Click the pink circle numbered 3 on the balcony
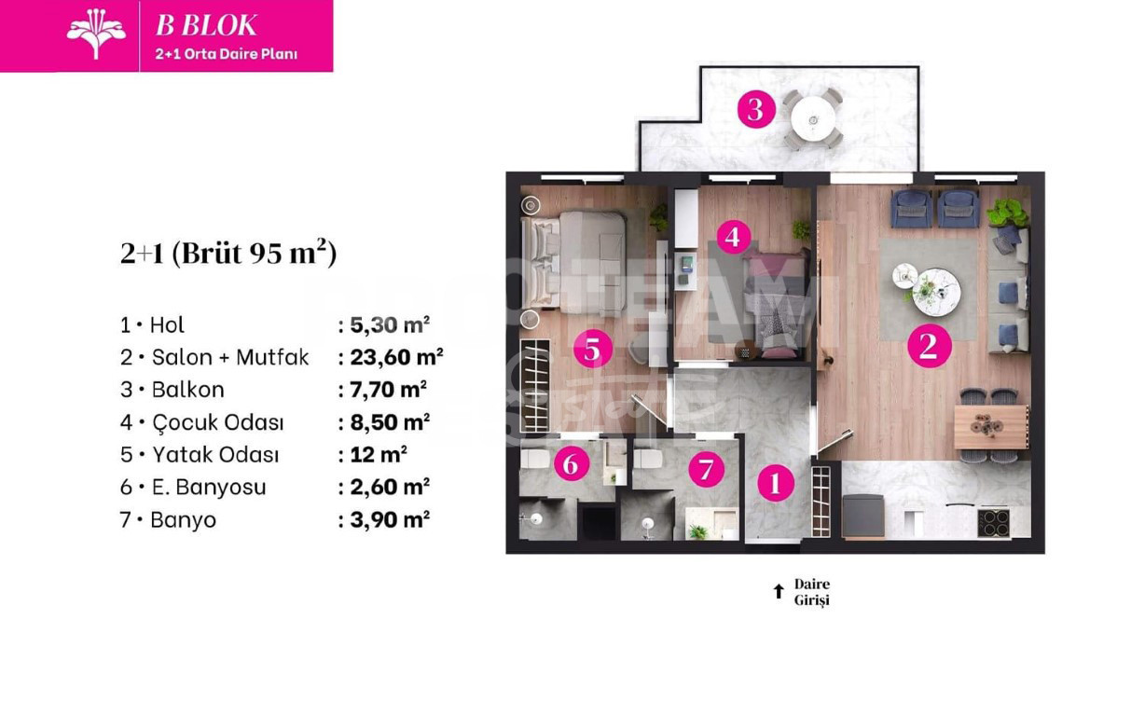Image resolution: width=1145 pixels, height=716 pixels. pos(755,110)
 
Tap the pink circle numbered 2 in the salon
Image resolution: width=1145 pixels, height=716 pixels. pos(928,346)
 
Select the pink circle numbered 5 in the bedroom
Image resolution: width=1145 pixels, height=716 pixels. pos(593,350)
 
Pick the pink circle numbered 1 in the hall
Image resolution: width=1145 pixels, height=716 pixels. pos(775,483)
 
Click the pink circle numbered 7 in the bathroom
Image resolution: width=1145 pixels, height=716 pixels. pos(706,469)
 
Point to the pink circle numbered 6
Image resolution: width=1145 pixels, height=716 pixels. pos(571,462)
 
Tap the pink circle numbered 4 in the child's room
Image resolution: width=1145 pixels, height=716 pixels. pos(733,237)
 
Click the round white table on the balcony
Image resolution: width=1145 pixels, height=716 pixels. pos(813,119)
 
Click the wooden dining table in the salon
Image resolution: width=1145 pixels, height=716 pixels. pos(990,426)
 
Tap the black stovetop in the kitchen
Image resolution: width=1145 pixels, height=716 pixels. pos(994,522)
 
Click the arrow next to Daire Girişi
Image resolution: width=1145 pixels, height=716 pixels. pos(779,591)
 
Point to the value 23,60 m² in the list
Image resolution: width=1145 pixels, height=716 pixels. pos(390,357)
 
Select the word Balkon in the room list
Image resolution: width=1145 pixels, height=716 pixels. pos(187,390)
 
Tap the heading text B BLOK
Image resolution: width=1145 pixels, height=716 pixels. pos(206,25)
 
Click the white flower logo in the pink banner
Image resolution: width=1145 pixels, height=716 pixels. pos(96,33)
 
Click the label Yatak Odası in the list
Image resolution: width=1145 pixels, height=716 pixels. pos(214,455)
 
